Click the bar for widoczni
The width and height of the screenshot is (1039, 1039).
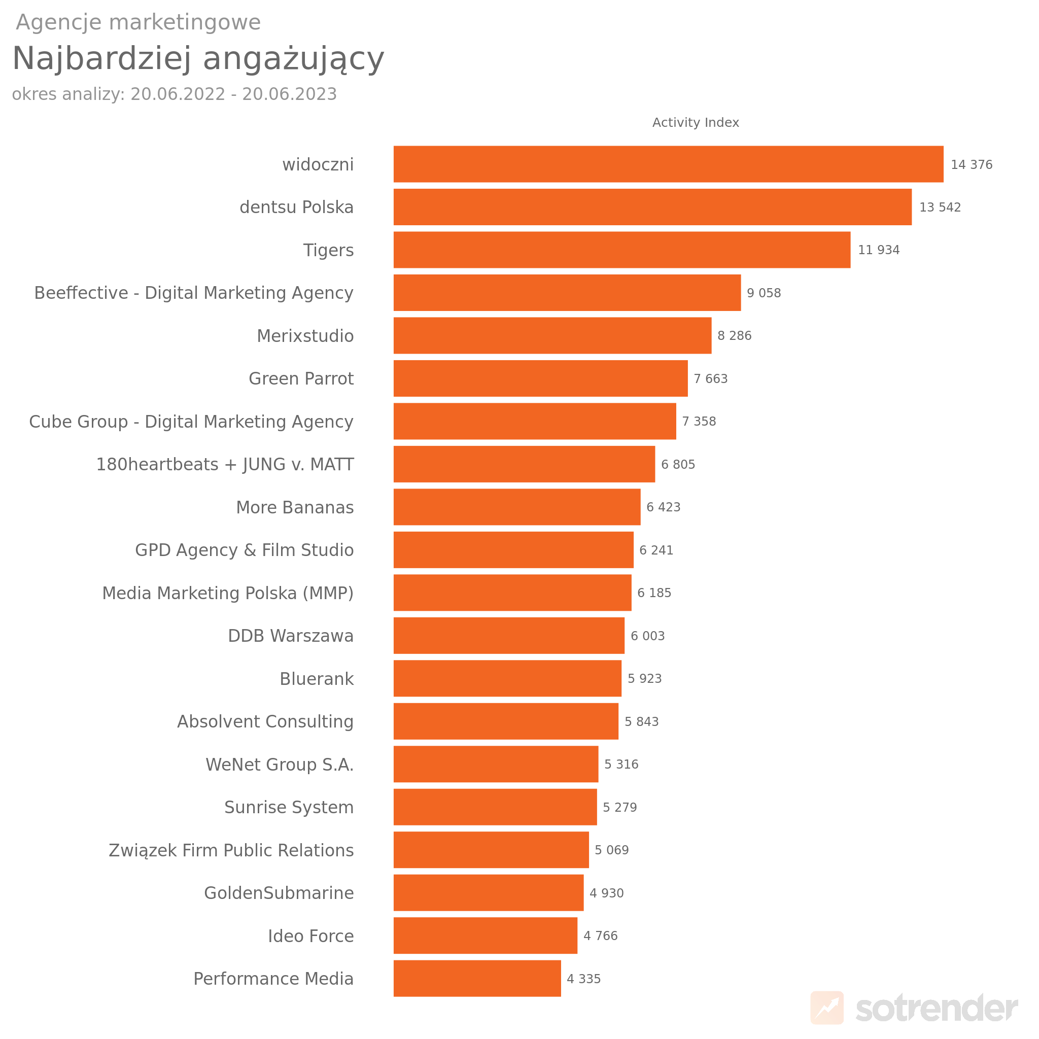click(x=668, y=164)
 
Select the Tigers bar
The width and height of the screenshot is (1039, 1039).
click(x=621, y=250)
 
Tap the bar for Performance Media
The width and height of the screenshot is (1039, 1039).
click(x=477, y=978)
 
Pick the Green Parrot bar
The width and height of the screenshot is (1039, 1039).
click(x=540, y=378)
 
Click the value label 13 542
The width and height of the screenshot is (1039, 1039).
click(x=940, y=207)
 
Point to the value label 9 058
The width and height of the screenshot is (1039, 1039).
click(x=764, y=293)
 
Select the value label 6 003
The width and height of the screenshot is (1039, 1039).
click(x=647, y=636)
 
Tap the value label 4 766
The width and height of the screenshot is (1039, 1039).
click(x=600, y=936)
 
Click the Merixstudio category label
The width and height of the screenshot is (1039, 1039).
click(x=305, y=336)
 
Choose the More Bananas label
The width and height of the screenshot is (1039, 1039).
click(x=295, y=508)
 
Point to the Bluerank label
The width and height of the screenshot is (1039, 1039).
click(x=316, y=679)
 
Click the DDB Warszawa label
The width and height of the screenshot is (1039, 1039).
click(x=290, y=636)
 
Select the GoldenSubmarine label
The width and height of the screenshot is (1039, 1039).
click(x=279, y=893)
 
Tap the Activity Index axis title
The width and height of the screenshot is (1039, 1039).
click(x=696, y=123)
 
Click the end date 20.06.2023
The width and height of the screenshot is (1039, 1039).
click(x=289, y=94)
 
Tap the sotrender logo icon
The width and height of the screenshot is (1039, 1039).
click(x=826, y=1007)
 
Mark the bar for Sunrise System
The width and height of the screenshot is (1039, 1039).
click(x=495, y=807)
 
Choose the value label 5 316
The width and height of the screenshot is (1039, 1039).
click(x=621, y=764)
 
